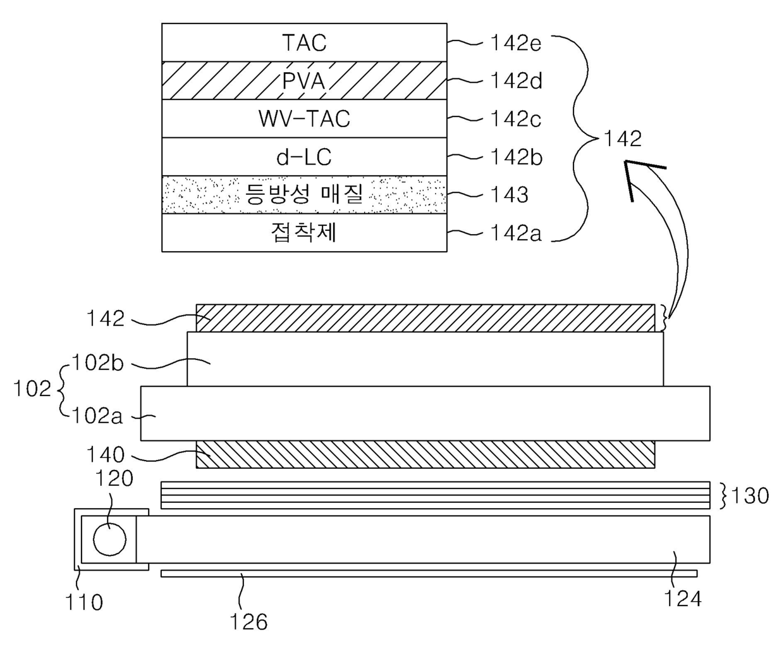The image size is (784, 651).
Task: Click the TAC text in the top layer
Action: [x=304, y=42]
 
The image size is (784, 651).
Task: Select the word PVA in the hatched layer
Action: [x=303, y=80]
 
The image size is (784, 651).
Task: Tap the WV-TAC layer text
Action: [x=304, y=119]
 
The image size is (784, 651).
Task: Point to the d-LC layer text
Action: [x=304, y=157]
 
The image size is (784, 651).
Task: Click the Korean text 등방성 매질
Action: [x=304, y=194]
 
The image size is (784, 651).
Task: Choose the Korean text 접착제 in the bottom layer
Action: [x=303, y=233]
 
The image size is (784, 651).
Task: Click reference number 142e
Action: [x=516, y=43]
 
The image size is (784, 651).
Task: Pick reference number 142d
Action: [x=517, y=81]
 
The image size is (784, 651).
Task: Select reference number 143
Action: [x=510, y=195]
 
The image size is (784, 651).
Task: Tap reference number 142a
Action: [x=516, y=233]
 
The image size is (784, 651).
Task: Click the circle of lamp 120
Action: [x=109, y=539]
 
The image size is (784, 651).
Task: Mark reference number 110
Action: [x=84, y=602]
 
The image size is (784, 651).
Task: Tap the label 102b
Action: [x=97, y=363]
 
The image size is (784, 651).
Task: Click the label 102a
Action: [x=97, y=416]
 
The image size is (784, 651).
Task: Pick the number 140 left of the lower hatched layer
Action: [x=105, y=454]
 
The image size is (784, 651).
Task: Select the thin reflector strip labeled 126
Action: [x=429, y=573]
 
